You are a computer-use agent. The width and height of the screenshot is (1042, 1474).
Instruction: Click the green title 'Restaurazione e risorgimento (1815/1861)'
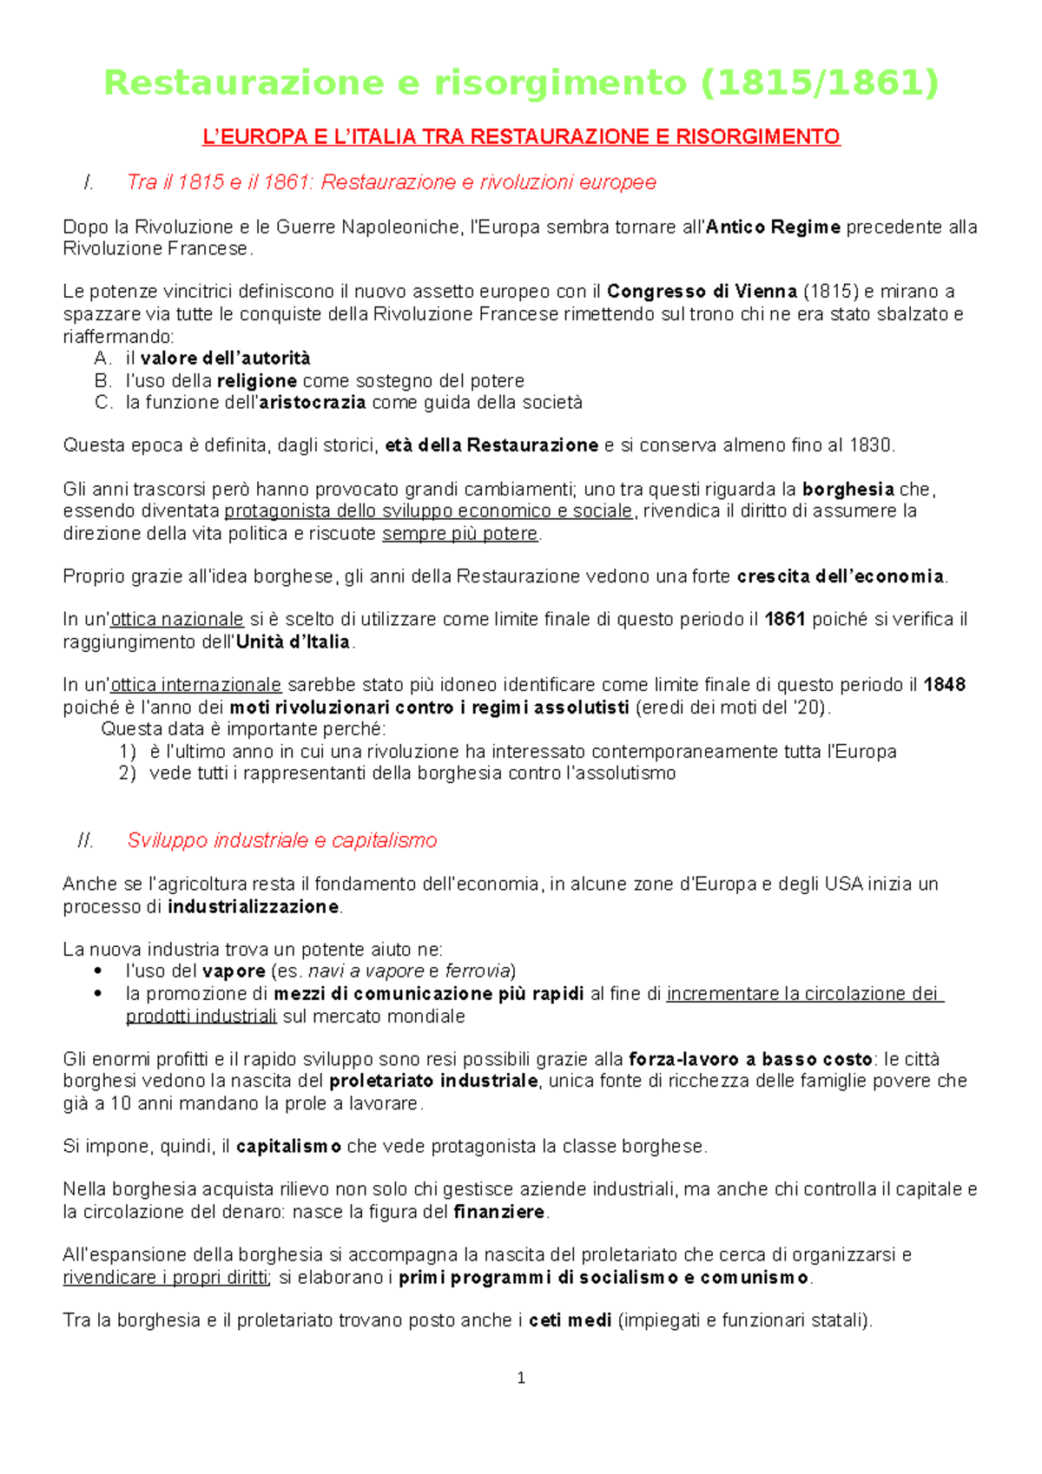[x=521, y=83]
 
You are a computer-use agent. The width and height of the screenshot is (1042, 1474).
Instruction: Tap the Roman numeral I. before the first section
[x=88, y=182]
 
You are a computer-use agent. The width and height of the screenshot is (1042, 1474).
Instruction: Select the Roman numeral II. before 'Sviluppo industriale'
[x=85, y=840]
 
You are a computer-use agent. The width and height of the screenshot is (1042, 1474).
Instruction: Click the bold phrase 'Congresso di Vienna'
[x=702, y=292]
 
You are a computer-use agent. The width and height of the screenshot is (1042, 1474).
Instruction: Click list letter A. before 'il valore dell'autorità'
[x=103, y=359]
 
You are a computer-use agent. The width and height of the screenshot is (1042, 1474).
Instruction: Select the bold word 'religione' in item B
[x=257, y=381]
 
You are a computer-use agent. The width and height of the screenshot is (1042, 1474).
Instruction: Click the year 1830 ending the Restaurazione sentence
[x=871, y=446]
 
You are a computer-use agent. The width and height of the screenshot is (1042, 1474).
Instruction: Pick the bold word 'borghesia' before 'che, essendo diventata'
[x=848, y=490]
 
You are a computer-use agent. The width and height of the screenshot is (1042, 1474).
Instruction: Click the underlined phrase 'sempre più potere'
[x=460, y=534]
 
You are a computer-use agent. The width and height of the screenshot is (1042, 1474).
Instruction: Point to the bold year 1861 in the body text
[x=785, y=620]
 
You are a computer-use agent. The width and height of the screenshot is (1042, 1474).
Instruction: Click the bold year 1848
[x=945, y=685]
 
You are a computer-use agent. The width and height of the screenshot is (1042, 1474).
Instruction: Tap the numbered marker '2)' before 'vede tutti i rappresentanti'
[x=128, y=773]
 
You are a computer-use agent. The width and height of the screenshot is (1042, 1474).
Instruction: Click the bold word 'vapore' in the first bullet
[x=234, y=971]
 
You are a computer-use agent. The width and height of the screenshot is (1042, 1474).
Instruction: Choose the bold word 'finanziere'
[x=499, y=1212]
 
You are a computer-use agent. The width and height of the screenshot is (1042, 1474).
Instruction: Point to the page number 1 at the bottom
[x=521, y=1378]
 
